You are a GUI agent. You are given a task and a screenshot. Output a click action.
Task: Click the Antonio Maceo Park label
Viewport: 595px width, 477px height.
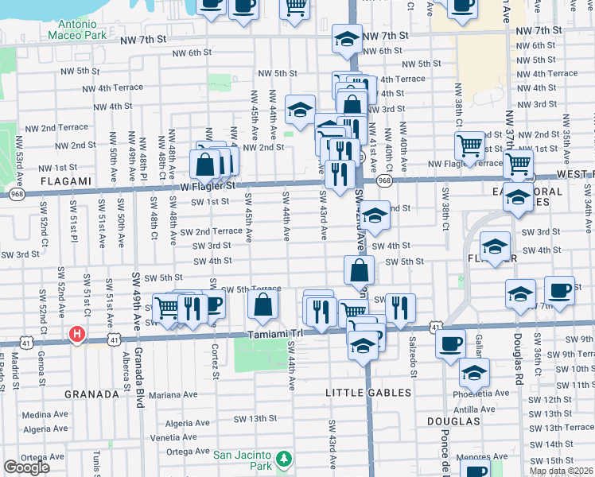click(77, 29)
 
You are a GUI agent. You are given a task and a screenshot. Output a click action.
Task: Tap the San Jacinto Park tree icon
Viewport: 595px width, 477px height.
click(283, 460)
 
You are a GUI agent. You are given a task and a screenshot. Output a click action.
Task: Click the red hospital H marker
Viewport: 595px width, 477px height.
click(77, 334)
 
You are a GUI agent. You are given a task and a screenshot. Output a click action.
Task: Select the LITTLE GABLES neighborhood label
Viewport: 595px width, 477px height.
click(368, 393)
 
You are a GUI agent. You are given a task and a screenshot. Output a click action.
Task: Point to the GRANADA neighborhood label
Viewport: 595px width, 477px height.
click(91, 393)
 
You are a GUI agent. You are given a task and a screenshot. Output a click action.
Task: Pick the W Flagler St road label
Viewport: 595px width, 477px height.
click(209, 186)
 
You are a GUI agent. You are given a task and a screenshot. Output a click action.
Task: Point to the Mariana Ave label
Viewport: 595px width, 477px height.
click(172, 394)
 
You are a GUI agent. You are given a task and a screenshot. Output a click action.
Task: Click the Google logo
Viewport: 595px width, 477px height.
click(26, 467)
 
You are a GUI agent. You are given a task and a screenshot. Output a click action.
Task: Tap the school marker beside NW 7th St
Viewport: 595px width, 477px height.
click(346, 40)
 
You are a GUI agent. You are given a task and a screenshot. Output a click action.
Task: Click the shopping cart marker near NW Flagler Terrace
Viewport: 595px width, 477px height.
click(470, 146)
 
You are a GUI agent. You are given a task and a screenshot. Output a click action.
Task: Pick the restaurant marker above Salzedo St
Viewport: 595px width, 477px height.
click(400, 306)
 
